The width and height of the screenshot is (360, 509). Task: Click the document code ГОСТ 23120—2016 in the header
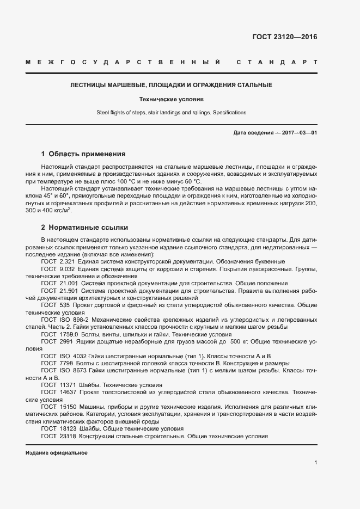(284, 38)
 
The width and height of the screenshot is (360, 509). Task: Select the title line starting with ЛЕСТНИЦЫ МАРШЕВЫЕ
(172, 85)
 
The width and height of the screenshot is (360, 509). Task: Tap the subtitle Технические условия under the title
(171, 100)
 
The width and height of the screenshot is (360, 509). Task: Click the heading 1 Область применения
(83, 154)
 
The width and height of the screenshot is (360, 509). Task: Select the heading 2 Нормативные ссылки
(84, 226)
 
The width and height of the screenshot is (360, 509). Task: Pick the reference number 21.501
(69, 291)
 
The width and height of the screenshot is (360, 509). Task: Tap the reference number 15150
(69, 407)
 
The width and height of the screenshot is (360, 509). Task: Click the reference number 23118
(69, 436)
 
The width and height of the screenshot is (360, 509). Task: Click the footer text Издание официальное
(56, 453)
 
